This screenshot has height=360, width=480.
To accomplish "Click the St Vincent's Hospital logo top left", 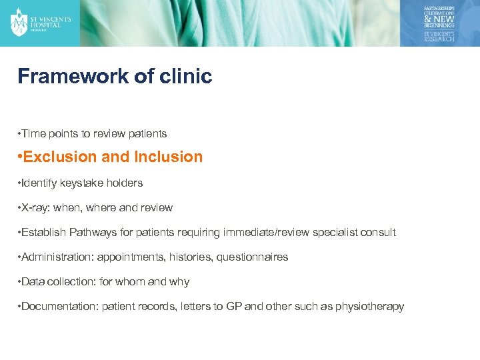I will [41, 22].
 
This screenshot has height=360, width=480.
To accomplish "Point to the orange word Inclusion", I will [168, 157].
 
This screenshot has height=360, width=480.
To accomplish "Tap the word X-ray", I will [36, 208].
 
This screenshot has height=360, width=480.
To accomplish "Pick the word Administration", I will [54, 257].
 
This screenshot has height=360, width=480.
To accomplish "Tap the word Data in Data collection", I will [33, 282].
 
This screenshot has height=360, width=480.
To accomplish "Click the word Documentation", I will [57, 307].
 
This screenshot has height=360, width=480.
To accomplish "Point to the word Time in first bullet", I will [33, 133].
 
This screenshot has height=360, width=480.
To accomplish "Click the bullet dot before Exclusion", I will [21, 157].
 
